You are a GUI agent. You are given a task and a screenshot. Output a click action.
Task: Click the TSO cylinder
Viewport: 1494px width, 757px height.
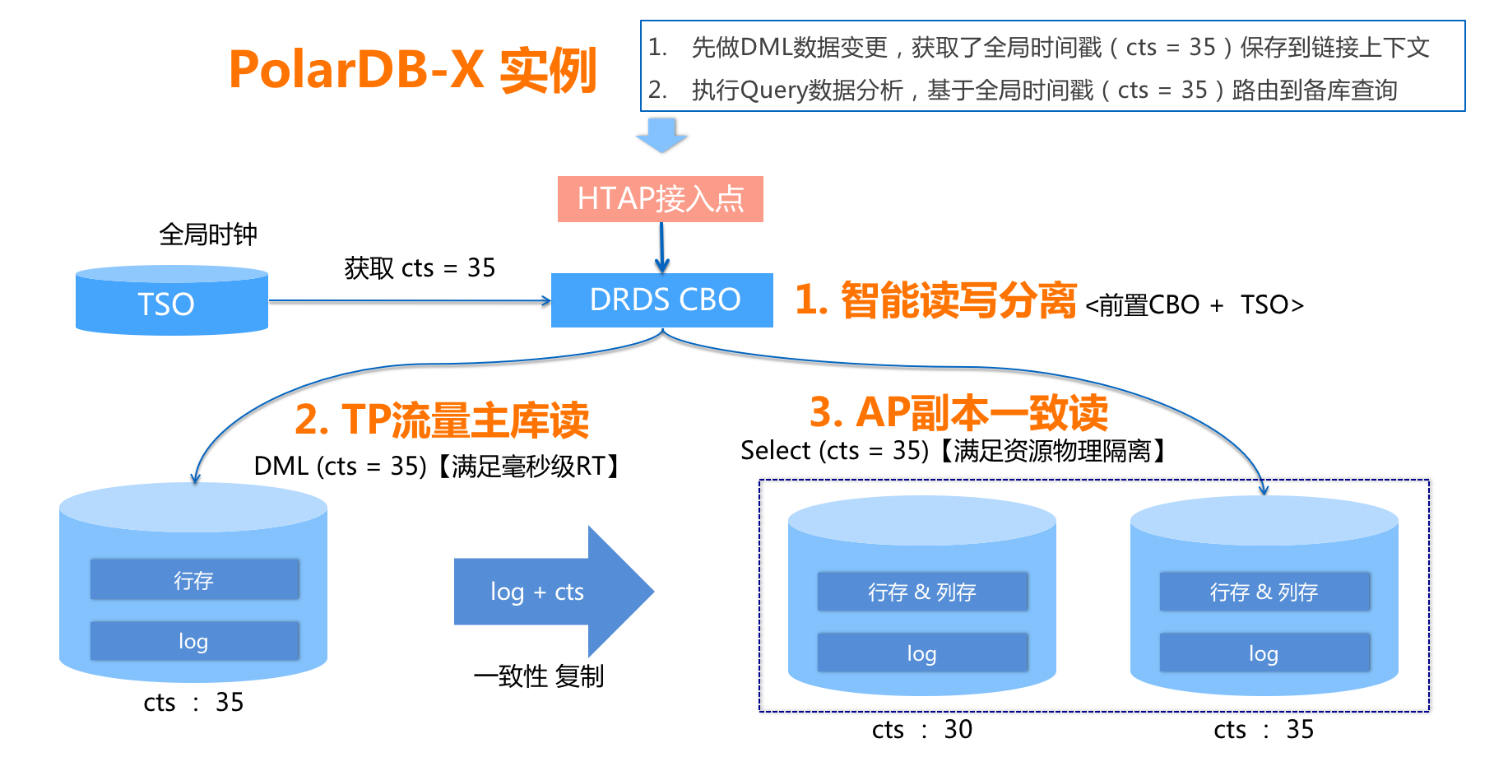tap(171, 301)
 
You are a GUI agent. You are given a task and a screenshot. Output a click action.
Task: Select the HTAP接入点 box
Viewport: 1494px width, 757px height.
tap(660, 199)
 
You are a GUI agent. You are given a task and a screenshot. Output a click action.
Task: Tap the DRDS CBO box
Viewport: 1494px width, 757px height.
tap(662, 300)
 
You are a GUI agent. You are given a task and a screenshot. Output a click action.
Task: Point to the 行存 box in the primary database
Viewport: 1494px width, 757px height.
tap(194, 580)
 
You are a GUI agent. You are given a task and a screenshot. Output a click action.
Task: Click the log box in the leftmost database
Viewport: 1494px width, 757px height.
tap(194, 641)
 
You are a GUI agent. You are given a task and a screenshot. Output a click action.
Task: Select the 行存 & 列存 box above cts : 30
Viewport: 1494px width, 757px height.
tap(922, 592)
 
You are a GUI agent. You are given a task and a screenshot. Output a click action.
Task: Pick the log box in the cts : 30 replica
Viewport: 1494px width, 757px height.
tap(922, 653)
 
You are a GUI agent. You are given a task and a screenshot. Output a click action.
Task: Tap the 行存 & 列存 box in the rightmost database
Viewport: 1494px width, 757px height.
tap(1264, 592)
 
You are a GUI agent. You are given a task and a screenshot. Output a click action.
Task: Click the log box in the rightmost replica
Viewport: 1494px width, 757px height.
tap(1264, 653)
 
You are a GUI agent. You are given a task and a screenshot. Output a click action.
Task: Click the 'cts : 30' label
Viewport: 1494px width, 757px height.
tap(922, 729)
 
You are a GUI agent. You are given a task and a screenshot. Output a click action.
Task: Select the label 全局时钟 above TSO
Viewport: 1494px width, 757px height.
tap(208, 235)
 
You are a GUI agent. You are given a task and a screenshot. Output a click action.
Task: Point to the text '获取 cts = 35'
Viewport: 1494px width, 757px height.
tap(420, 267)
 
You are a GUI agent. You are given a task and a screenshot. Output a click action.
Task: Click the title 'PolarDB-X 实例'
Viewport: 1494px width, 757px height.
tap(412, 70)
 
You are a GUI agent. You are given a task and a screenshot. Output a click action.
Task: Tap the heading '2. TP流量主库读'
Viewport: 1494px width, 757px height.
tap(442, 420)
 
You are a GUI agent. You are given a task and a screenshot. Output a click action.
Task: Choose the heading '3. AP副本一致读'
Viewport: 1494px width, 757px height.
tap(958, 412)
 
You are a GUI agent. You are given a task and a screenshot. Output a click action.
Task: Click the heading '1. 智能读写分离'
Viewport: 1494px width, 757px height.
tap(935, 300)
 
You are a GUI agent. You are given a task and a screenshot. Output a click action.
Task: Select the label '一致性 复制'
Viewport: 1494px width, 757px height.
tap(539, 676)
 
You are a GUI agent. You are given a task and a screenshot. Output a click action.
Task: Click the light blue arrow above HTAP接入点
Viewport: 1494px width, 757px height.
tap(661, 135)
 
